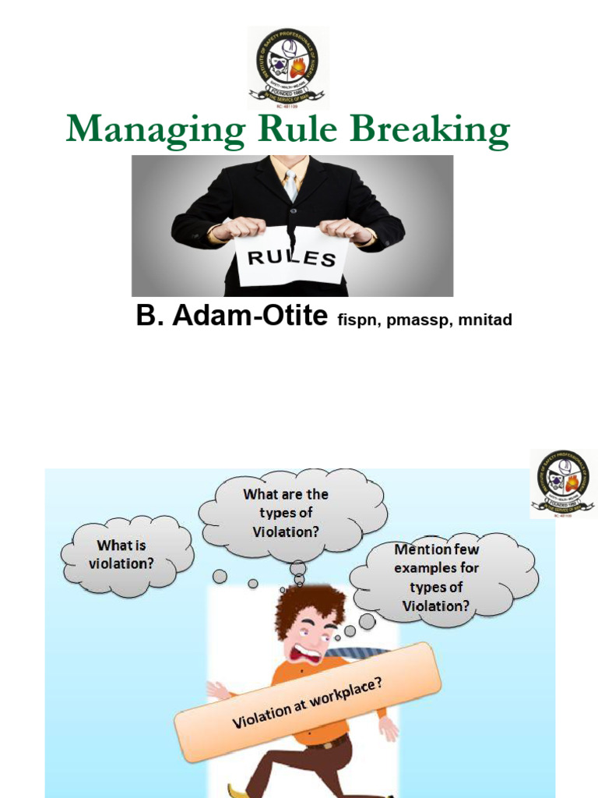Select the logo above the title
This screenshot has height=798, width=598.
[287, 67]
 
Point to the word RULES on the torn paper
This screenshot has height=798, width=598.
[293, 258]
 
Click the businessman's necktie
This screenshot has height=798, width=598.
[290, 185]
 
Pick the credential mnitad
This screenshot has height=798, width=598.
[485, 320]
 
